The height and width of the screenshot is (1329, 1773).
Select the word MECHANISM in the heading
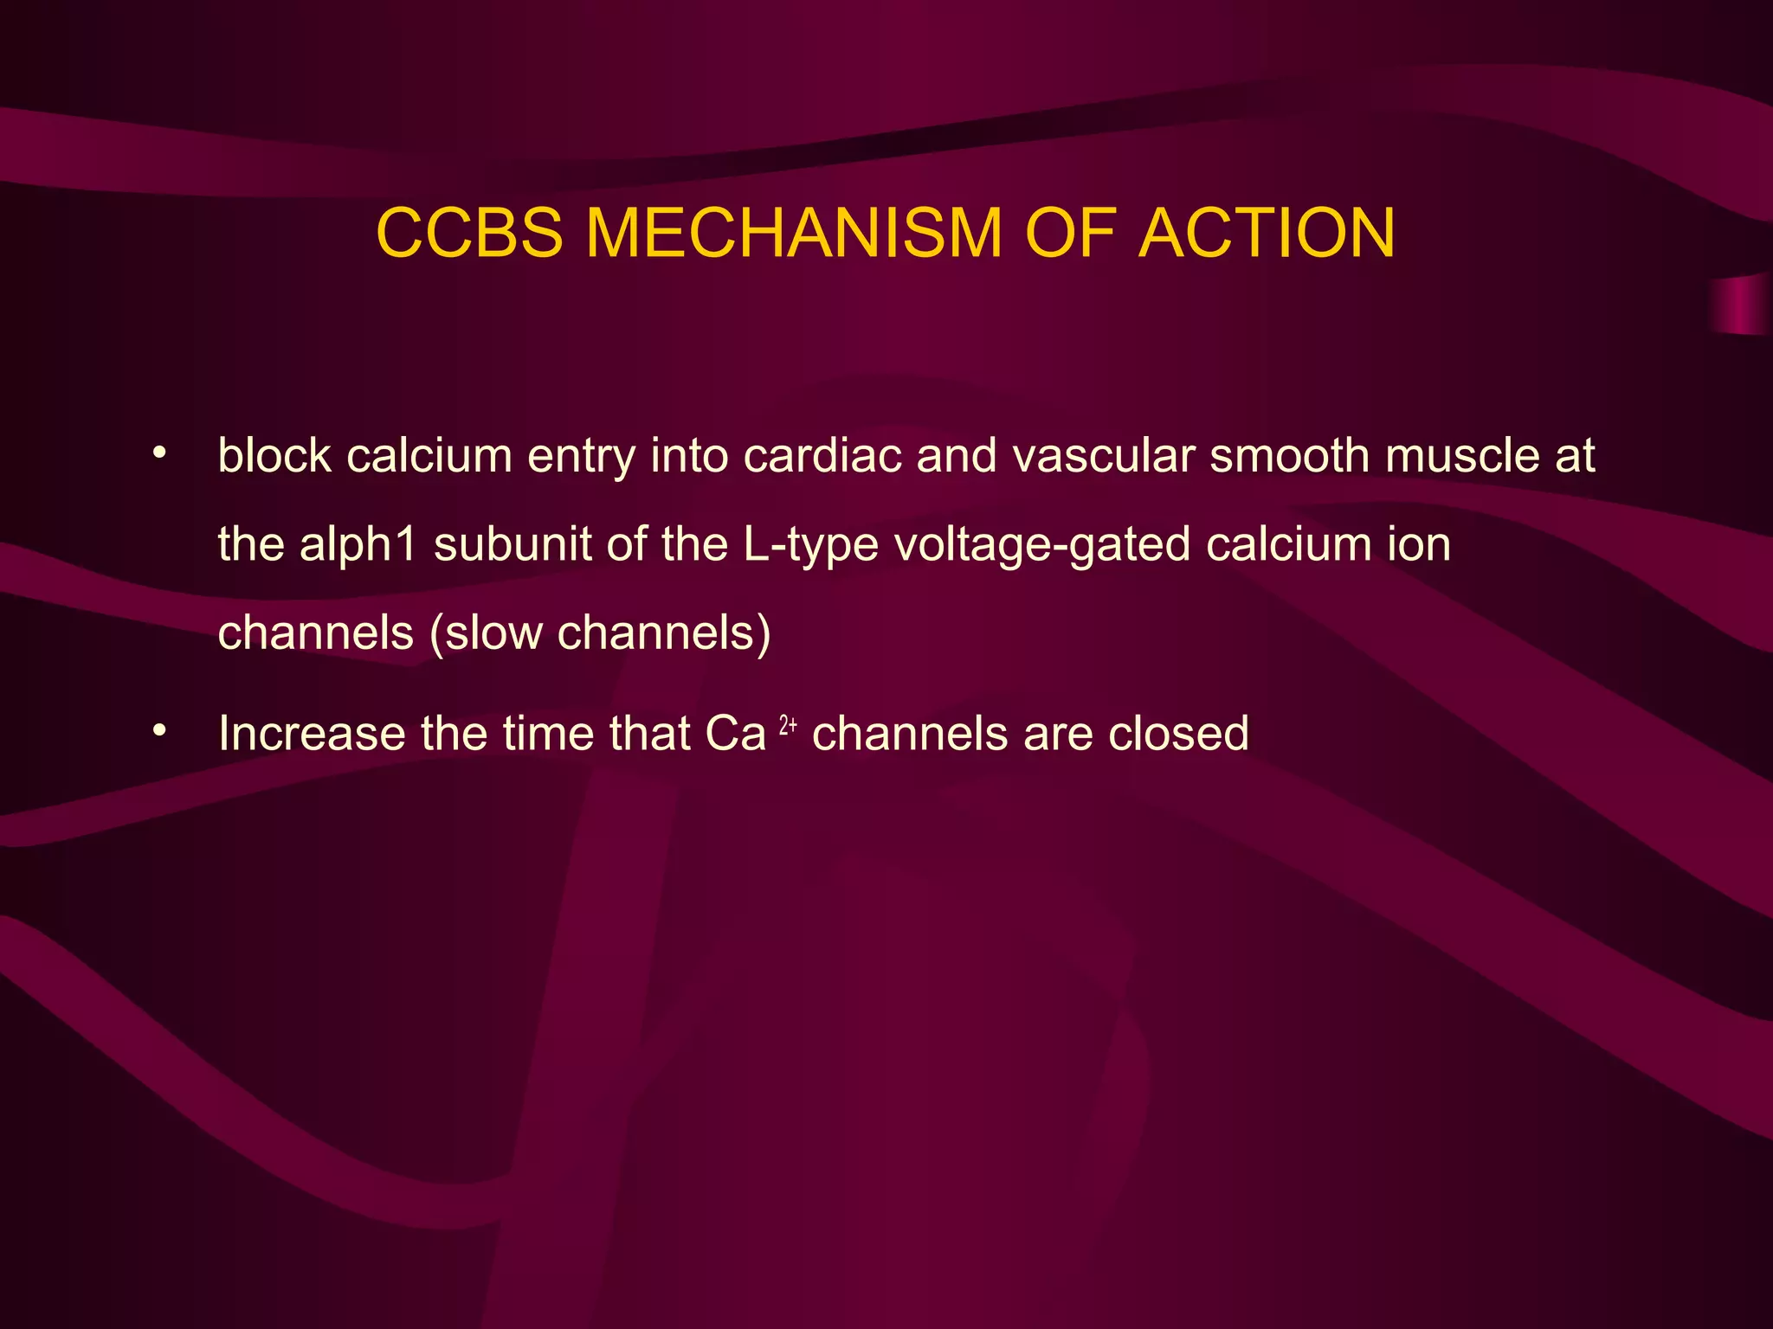click(794, 233)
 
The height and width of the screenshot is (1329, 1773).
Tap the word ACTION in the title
click(1267, 233)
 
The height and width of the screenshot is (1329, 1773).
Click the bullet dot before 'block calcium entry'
click(158, 453)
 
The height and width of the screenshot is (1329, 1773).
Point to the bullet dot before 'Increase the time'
click(158, 732)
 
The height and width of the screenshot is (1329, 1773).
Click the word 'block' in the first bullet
click(274, 455)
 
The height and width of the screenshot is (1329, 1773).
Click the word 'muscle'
click(1462, 455)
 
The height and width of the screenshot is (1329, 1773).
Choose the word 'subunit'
click(512, 545)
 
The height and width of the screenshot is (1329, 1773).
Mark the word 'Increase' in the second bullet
click(312, 734)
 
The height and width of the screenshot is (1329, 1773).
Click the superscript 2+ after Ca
click(788, 725)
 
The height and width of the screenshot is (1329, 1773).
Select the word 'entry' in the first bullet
click(582, 457)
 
